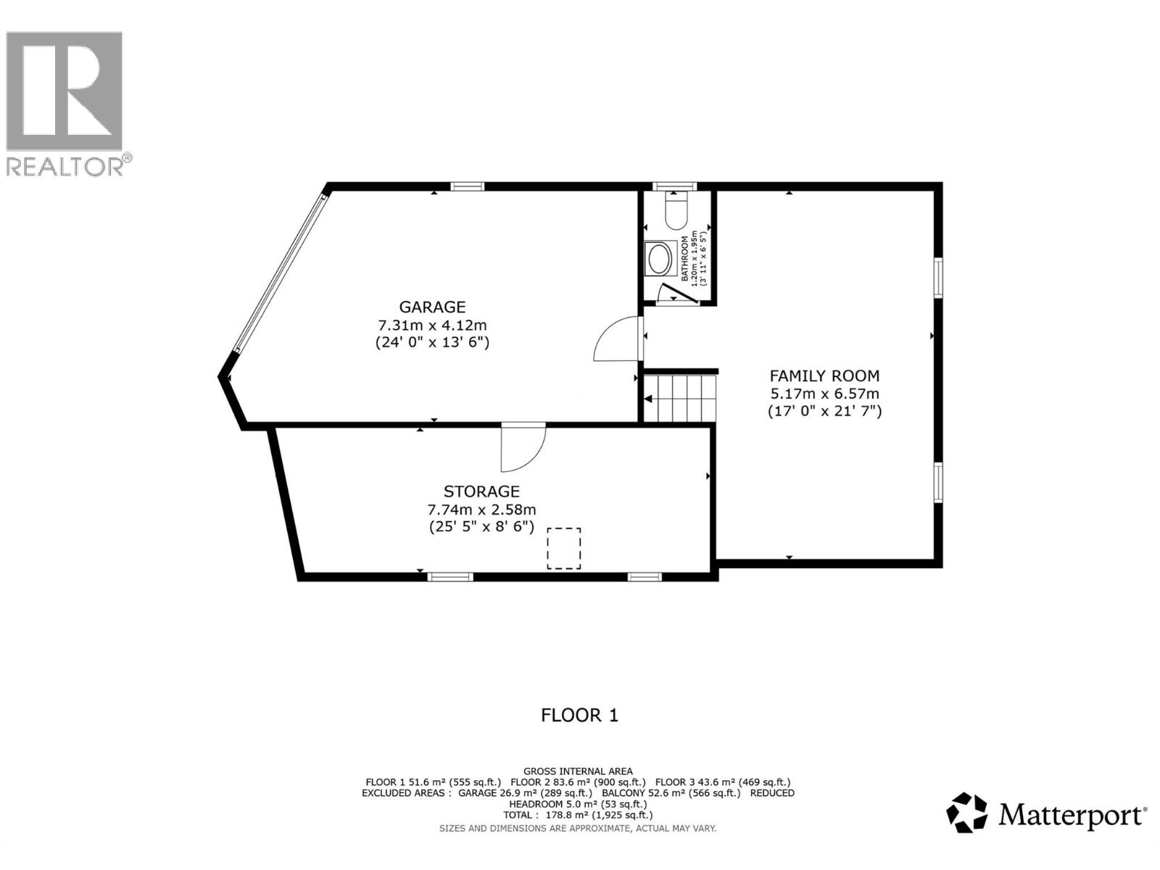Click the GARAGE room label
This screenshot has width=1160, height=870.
[432, 307]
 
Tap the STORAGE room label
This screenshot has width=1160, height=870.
[481, 492]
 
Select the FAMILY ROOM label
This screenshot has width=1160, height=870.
[824, 376]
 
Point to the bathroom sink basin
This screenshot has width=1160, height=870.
[659, 259]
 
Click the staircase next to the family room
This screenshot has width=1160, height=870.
[680, 397]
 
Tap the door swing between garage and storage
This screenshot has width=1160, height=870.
[522, 447]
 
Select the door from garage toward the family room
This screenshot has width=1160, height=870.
[618, 339]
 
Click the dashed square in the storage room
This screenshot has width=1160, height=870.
[563, 548]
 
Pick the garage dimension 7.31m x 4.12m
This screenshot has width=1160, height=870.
[432, 325]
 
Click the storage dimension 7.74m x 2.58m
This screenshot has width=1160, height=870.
[481, 510]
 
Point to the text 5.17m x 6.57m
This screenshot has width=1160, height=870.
[824, 394]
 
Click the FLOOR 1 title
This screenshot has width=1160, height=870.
[579, 716]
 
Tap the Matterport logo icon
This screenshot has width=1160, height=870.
[967, 813]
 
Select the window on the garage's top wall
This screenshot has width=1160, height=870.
[468, 186]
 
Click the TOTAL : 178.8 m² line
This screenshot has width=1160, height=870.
[578, 815]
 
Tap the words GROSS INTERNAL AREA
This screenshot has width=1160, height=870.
[578, 771]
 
